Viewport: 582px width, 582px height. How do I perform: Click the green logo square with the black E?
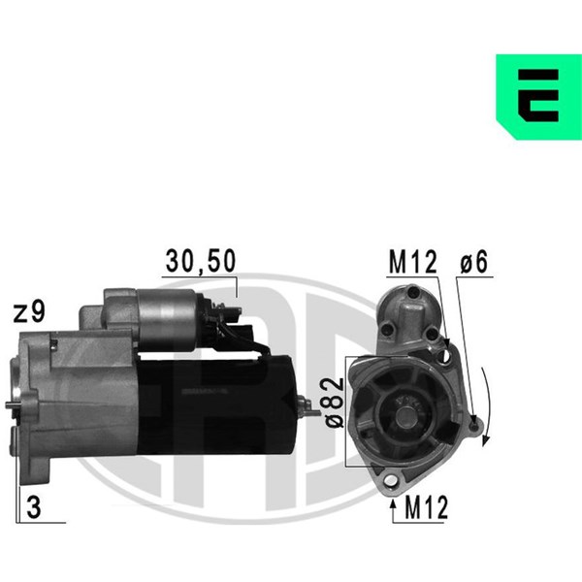(x=539, y=96)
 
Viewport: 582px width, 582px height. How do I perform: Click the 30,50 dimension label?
(x=201, y=261)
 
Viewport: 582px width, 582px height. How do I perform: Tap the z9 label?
(x=29, y=311)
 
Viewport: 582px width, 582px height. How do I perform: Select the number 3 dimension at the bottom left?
(x=34, y=507)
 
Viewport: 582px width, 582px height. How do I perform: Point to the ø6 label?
(x=474, y=262)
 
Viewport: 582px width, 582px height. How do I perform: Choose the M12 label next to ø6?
(x=413, y=262)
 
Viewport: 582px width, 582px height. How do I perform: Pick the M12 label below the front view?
(x=427, y=507)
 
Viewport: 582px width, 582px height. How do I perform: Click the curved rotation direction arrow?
(x=489, y=406)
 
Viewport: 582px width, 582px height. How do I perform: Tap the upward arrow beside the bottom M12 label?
(x=393, y=511)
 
